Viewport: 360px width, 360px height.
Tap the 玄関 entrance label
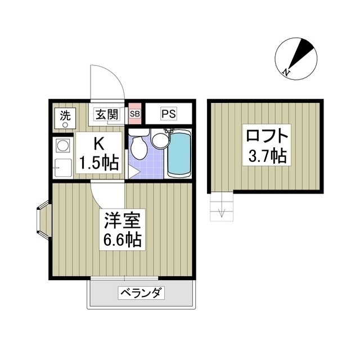pyautogui.click(x=107, y=114)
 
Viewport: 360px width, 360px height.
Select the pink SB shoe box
pyautogui.click(x=135, y=114)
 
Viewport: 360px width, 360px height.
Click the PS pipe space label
pyautogui.click(x=169, y=114)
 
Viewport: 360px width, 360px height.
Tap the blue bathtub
pyautogui.click(x=179, y=154)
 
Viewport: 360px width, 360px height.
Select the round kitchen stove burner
pyautogui.click(x=62, y=146)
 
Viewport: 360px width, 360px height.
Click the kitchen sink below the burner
pyautogui.click(x=62, y=168)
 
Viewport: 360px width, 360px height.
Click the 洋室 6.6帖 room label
pyautogui.click(x=122, y=229)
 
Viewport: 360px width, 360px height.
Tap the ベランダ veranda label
pyautogui.click(x=141, y=293)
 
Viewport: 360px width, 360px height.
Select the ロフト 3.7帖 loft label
pyautogui.click(x=267, y=145)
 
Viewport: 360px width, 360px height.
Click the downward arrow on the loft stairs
pyautogui.click(x=222, y=212)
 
